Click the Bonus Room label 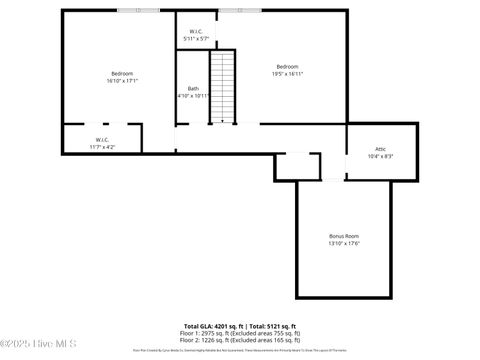[x=343, y=236]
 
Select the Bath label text [x=192, y=89]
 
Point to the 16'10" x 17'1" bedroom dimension [x=122, y=80]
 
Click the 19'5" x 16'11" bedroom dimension [x=288, y=73]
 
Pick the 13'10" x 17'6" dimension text [x=343, y=243]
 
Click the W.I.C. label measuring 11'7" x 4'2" [x=102, y=139]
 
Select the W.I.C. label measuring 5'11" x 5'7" [x=196, y=31]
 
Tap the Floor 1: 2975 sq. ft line [x=241, y=333]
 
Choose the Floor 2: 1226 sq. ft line [x=241, y=340]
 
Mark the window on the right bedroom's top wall [x=234, y=11]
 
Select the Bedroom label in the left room [x=122, y=73]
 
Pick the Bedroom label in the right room [x=288, y=66]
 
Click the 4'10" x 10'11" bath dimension [x=194, y=96]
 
